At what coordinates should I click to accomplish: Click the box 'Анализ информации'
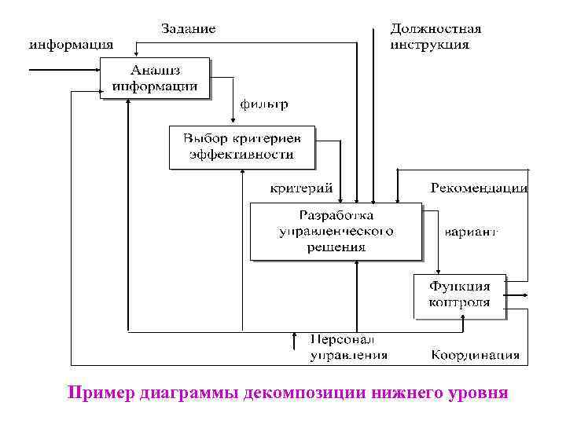coord(155,78)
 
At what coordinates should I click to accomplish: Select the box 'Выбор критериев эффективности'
coord(241,147)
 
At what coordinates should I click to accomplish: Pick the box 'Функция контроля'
coord(460,295)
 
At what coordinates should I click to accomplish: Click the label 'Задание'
coord(188,28)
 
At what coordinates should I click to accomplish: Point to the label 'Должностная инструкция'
coord(436,36)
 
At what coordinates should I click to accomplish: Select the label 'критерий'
coord(301,188)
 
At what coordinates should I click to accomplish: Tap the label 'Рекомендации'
coord(478,188)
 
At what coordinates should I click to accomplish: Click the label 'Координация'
coord(475,354)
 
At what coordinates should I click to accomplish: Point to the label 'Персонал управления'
coord(348,347)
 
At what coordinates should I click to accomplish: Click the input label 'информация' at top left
coord(71,44)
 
